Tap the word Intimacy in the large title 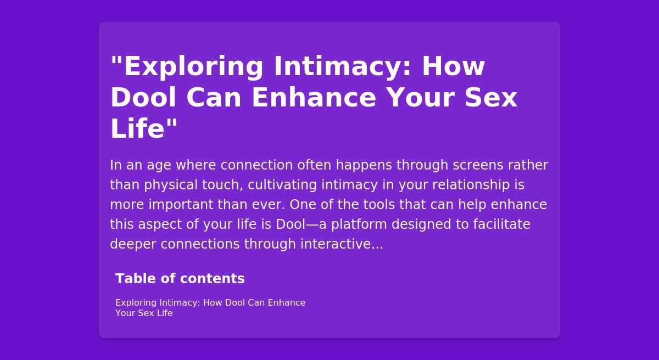point(343,66)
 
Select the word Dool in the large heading point(143,98)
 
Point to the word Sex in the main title point(491,98)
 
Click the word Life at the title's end point(137,128)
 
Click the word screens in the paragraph point(478,165)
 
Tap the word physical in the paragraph point(171,185)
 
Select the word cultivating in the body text point(282,185)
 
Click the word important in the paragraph point(181,205)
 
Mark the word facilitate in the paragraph point(501,224)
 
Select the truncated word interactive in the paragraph point(342,244)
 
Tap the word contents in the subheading point(213,279)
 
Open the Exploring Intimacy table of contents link point(210,308)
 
